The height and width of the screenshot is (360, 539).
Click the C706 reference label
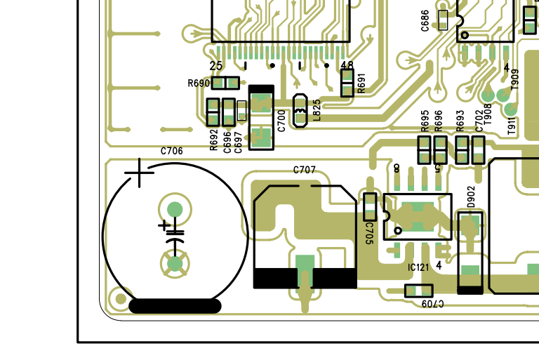[171, 151]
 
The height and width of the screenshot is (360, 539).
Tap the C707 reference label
[304, 170]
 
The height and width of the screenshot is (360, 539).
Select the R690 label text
[199, 84]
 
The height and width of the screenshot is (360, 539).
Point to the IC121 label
[418, 267]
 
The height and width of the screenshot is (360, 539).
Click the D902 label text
[471, 197]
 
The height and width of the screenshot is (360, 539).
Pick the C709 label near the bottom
[433, 303]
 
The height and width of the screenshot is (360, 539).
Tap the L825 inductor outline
[300, 111]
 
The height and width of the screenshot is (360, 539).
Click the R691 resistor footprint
[347, 83]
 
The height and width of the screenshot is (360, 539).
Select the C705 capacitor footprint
[370, 207]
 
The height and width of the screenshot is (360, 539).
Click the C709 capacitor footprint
[419, 291]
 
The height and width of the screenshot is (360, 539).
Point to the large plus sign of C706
[139, 173]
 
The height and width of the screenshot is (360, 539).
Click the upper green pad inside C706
[175, 209]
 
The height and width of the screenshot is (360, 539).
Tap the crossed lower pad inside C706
[175, 264]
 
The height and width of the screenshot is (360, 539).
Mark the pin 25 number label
[216, 66]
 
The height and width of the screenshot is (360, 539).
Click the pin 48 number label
[347, 65]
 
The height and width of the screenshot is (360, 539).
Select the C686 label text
[425, 20]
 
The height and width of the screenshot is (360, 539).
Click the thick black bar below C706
[175, 306]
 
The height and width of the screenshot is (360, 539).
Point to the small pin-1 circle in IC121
[398, 230]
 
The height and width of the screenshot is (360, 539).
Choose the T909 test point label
[514, 79]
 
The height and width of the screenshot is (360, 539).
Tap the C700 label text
[281, 121]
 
